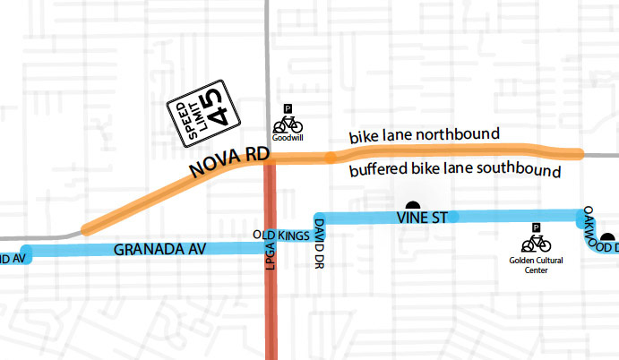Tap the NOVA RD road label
228,165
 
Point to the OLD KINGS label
279,236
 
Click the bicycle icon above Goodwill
288,124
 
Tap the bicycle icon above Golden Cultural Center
536,243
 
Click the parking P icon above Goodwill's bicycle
288,107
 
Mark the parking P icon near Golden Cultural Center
536,227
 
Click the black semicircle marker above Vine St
413,206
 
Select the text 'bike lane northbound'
424,134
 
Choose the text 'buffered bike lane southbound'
455,170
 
